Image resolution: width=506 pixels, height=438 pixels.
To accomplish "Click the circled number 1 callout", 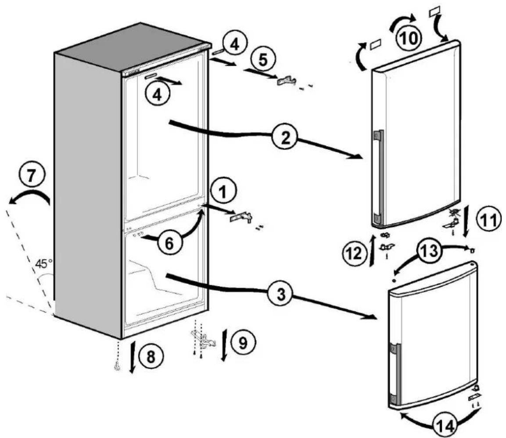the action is coord(224,193).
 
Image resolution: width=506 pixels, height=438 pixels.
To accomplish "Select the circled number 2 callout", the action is coord(284,137).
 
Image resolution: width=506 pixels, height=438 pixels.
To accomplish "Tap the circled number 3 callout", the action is coord(281,294).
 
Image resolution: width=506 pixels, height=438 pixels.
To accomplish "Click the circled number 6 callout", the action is coord(169,243).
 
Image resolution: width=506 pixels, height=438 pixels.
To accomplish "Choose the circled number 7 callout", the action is coord(31,176).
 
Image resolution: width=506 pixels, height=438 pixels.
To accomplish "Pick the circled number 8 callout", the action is coord(151,357).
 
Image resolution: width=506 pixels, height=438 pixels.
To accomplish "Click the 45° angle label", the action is coord(44,264).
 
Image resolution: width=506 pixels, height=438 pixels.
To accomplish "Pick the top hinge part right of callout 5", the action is coord(286,81).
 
